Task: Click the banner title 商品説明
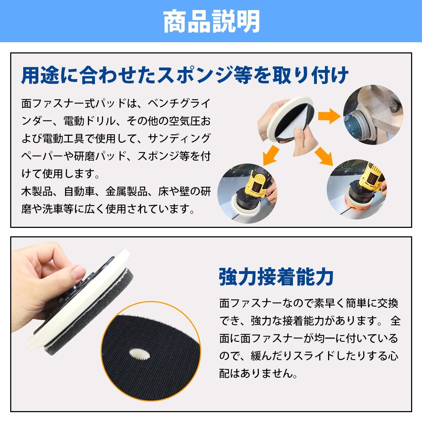click(211, 21)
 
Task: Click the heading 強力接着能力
click(276, 277)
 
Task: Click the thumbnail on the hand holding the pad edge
click(78, 272)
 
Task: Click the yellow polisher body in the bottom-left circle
click(257, 183)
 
